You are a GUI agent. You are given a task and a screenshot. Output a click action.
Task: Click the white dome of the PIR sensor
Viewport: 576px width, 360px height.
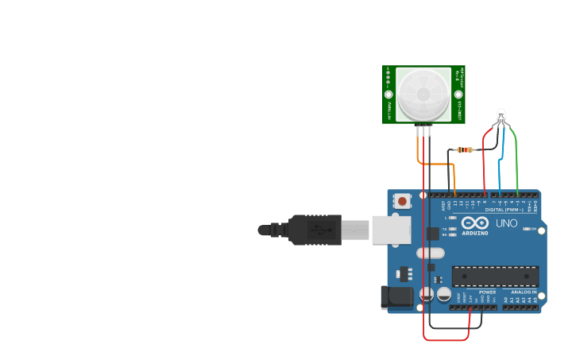pyautogui.click(x=423, y=94)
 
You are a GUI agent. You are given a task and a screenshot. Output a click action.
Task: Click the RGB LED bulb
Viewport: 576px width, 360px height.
pyautogui.click(x=501, y=116)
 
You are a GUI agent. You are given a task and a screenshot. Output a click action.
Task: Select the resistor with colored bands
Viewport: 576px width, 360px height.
pyautogui.click(x=465, y=149)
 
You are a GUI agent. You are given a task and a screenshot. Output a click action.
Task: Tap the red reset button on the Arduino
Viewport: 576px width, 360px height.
pyautogui.click(x=403, y=201)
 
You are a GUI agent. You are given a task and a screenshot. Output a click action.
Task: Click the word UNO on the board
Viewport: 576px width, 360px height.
pyautogui.click(x=507, y=223)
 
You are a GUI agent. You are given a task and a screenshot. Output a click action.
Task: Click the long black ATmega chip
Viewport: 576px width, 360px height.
pyautogui.click(x=495, y=276)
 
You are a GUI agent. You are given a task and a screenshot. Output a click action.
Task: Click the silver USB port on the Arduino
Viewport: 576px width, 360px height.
pyautogui.click(x=392, y=230)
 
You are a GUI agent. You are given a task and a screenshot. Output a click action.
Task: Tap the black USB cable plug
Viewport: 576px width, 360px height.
pyautogui.click(x=314, y=230)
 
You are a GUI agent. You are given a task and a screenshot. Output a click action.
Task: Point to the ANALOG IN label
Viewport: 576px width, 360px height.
pyautogui.click(x=524, y=292)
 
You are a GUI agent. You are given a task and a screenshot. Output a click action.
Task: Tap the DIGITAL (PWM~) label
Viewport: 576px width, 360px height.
pyautogui.click(x=504, y=209)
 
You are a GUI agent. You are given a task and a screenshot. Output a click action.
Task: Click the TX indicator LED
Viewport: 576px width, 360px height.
pyautogui.click(x=451, y=228)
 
